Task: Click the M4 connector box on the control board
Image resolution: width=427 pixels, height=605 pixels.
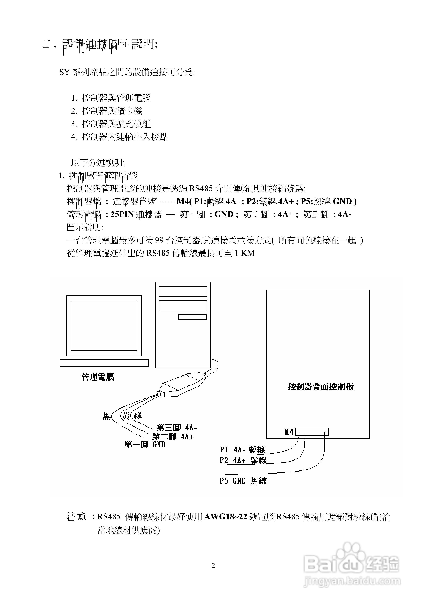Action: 312,432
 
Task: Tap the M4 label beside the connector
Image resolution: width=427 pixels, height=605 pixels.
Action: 289,432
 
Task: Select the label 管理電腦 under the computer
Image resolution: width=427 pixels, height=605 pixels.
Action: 98,377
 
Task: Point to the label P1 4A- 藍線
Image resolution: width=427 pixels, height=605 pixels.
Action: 242,450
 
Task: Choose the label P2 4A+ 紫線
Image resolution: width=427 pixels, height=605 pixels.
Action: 243,460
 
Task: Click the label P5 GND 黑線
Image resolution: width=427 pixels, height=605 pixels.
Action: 243,481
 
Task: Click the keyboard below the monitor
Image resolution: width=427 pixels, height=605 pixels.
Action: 104,363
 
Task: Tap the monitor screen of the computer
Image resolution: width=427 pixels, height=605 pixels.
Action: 104,326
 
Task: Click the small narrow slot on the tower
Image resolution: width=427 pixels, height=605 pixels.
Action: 192,317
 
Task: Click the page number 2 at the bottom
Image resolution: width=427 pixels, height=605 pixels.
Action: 213,565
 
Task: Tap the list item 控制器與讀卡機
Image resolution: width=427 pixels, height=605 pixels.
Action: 112,111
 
